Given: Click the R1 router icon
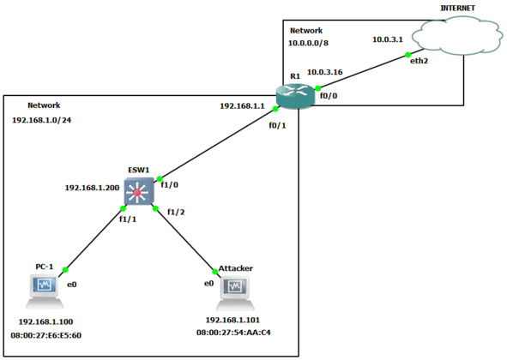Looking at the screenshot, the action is point(296,94).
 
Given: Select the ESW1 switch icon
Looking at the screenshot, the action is point(139,191).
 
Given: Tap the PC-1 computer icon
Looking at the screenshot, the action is point(45,291).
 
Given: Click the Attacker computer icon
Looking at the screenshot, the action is point(235,292).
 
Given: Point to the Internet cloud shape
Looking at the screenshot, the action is point(457,35).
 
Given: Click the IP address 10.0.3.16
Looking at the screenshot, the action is point(324,72).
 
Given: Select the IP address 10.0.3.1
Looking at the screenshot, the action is point(388,39).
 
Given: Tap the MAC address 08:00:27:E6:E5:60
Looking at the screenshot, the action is point(46,335).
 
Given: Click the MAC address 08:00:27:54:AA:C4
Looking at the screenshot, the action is point(233,333).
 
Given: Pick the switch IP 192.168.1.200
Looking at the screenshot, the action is point(92,188).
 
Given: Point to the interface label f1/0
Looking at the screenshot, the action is point(170,185).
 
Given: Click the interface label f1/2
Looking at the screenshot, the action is point(176,212).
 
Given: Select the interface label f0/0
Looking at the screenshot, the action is point(329,96).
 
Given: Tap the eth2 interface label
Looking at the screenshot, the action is point(419,61).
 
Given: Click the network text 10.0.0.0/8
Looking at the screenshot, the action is point(308,43).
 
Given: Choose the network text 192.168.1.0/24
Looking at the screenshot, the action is point(42,120).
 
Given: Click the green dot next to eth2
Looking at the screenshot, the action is point(408,55).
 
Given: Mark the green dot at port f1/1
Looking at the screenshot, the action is point(123,208).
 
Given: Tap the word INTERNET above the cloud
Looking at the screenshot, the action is point(457,8).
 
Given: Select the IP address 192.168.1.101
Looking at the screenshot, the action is point(232,320).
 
